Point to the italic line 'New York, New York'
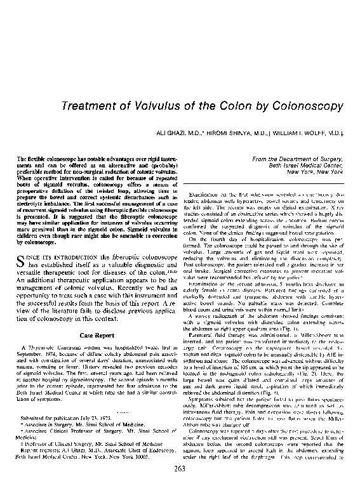point(315,171)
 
